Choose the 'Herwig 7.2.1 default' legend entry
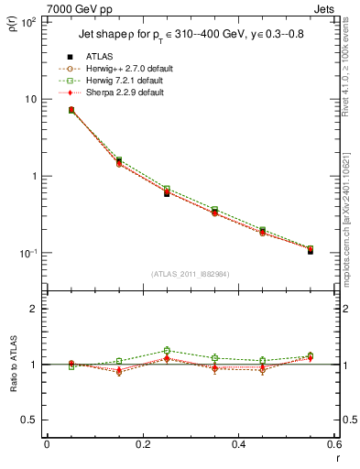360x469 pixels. (121, 80)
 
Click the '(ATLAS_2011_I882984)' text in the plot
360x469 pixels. (191, 274)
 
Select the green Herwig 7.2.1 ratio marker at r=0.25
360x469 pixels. (167, 351)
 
